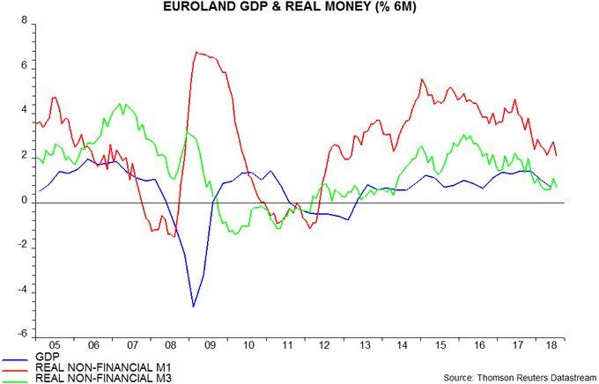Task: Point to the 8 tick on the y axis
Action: pyautogui.click(x=24, y=21)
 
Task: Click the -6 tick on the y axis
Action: pyautogui.click(x=21, y=336)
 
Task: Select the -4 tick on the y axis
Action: pyautogui.click(x=21, y=291)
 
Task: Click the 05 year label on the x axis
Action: pyautogui.click(x=55, y=346)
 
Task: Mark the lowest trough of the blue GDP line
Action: pyautogui.click(x=194, y=306)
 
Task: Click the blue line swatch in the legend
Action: pyautogui.click(x=15, y=361)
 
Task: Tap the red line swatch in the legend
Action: pyautogui.click(x=15, y=371)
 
